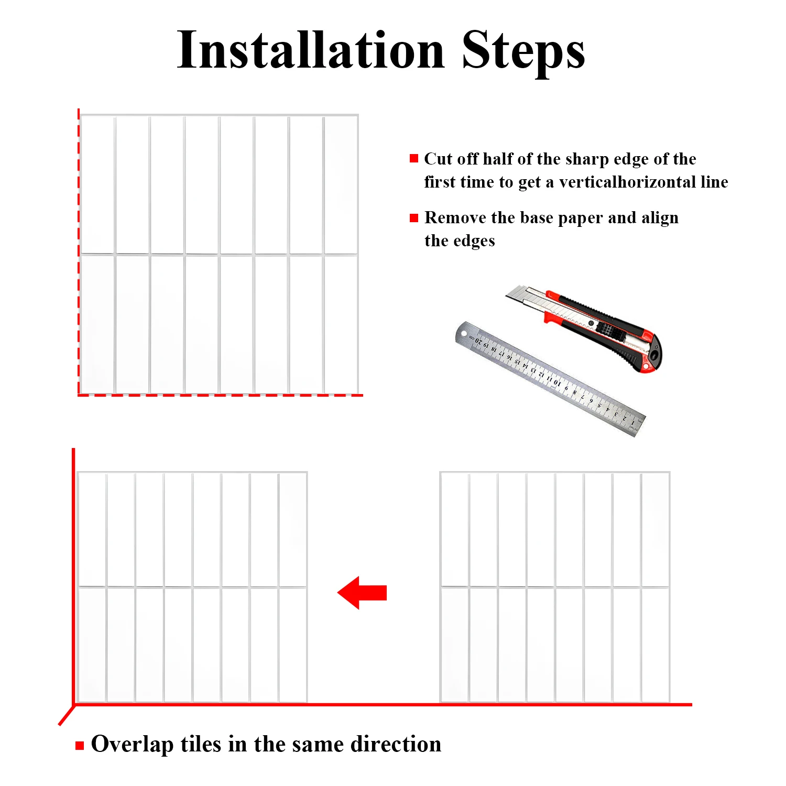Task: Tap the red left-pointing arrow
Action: [x=362, y=593]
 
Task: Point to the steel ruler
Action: [x=550, y=378]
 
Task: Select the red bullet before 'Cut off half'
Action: [x=414, y=158]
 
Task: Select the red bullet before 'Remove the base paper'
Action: [x=414, y=217]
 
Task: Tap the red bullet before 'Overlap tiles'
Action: [x=80, y=746]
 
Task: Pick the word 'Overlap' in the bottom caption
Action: [x=132, y=744]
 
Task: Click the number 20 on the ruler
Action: [x=478, y=342]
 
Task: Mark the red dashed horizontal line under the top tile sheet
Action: [x=221, y=395]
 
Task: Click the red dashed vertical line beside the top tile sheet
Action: [x=79, y=252]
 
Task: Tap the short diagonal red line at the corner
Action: [x=67, y=715]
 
